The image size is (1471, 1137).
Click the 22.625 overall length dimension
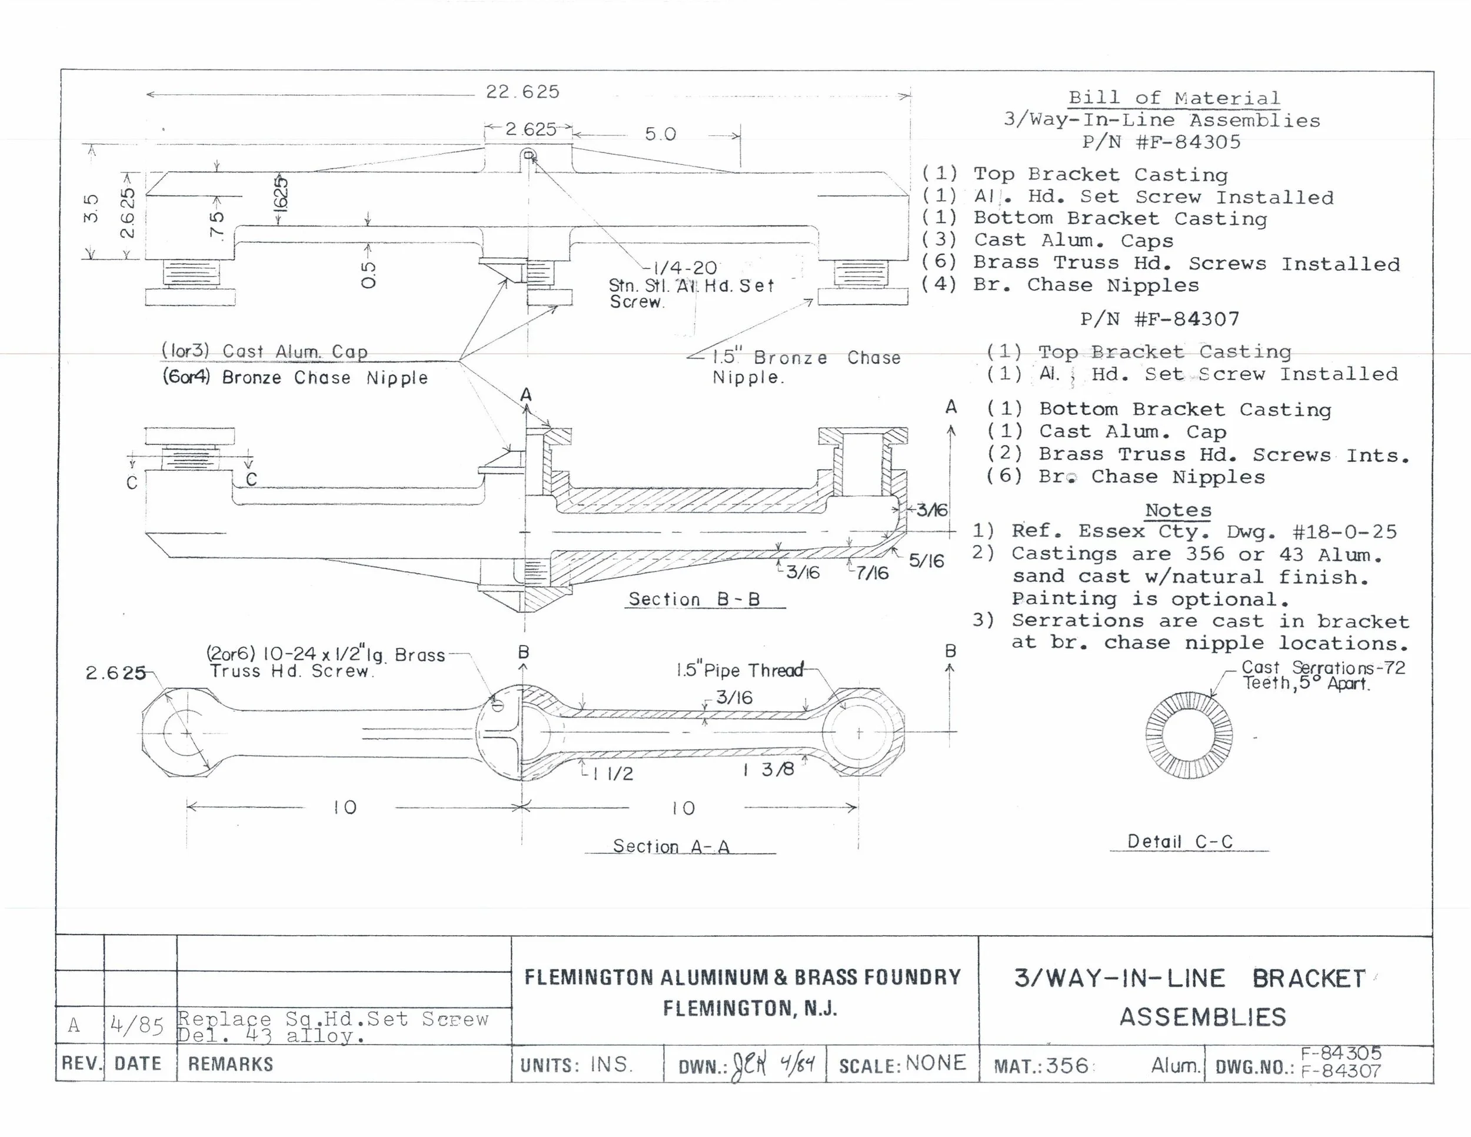tap(522, 92)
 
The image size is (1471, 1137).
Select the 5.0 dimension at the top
tap(660, 134)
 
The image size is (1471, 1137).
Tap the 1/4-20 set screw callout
tap(684, 268)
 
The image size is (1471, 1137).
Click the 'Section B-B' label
tap(694, 599)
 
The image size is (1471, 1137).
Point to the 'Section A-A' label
tap(671, 846)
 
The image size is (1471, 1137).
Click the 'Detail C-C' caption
tap(1180, 842)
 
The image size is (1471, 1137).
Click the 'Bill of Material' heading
tap(1174, 98)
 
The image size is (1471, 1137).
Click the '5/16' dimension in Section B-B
tap(926, 560)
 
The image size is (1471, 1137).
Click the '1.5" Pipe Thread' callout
tap(740, 670)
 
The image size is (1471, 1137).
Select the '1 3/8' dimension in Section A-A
tap(769, 770)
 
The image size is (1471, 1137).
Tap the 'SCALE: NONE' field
tap(902, 1064)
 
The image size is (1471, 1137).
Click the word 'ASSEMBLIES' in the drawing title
tap(1202, 1017)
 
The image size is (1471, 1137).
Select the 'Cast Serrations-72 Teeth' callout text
tap(1323, 675)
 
